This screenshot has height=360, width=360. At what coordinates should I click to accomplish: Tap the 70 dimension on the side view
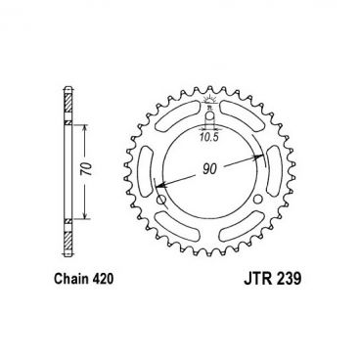point(86,168)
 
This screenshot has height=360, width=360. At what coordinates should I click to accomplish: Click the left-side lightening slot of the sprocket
point(149,159)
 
